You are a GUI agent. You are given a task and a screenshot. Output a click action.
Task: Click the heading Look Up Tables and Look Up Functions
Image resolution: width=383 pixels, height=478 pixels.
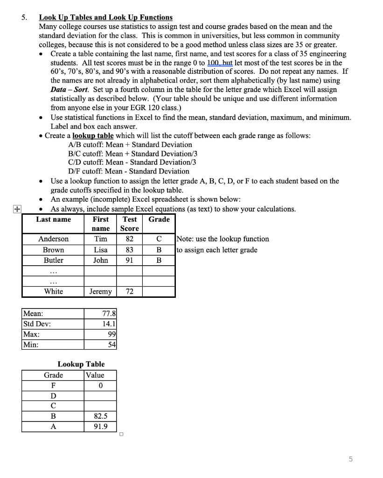coord(105,17)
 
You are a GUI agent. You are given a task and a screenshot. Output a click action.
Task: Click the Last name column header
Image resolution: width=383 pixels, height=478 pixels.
coord(54,219)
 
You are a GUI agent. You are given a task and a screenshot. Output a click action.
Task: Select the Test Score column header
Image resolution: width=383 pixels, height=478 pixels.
coord(129,224)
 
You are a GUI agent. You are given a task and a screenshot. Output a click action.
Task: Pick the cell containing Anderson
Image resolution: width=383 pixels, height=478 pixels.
coord(53,239)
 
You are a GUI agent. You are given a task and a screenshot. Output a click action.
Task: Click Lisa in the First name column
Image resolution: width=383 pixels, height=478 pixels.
coord(100,250)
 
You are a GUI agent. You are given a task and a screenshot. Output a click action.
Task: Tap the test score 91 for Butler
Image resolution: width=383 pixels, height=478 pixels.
coord(129,260)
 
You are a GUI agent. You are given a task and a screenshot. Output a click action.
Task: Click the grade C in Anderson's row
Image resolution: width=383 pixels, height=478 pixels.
coord(159,239)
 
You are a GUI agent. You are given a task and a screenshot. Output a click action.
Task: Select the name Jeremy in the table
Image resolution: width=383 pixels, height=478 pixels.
coord(100,291)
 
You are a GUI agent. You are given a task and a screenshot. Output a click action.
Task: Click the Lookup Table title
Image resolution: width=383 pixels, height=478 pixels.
coord(81,364)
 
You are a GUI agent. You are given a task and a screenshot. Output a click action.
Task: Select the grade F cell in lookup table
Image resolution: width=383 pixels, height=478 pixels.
coord(53,386)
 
